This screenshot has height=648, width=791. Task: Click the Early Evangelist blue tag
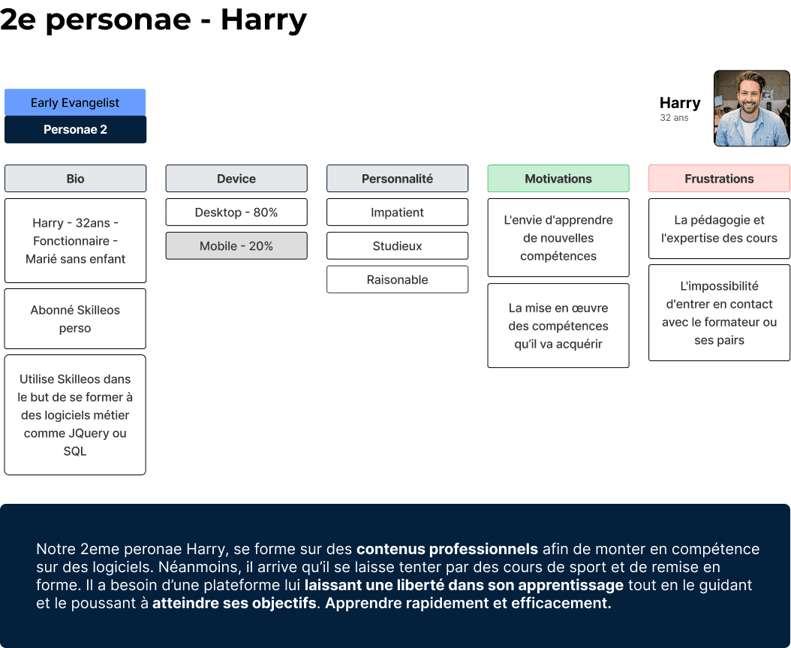tap(75, 102)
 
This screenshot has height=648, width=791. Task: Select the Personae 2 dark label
tap(75, 129)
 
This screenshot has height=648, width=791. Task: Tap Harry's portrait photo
tap(751, 108)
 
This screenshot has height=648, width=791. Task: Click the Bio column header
tap(75, 179)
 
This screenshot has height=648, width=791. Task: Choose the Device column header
tap(236, 179)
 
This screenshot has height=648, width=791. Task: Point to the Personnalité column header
tap(397, 179)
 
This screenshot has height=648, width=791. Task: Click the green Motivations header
tap(558, 179)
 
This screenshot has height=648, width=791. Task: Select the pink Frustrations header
tap(719, 179)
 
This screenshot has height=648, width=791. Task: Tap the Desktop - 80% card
tap(236, 212)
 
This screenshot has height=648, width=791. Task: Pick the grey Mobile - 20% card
tap(236, 246)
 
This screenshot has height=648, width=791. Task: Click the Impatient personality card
tap(397, 212)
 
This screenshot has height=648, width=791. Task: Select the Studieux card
tap(397, 246)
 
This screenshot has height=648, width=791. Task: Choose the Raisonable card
tap(397, 279)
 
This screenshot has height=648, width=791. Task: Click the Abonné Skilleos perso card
tap(75, 318)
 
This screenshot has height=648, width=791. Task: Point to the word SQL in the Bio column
tap(75, 451)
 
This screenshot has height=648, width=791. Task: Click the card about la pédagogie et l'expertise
tap(719, 229)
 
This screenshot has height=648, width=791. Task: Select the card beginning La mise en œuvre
tap(558, 326)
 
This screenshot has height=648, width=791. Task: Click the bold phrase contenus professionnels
tap(447, 549)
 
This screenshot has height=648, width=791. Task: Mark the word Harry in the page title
tap(263, 20)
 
